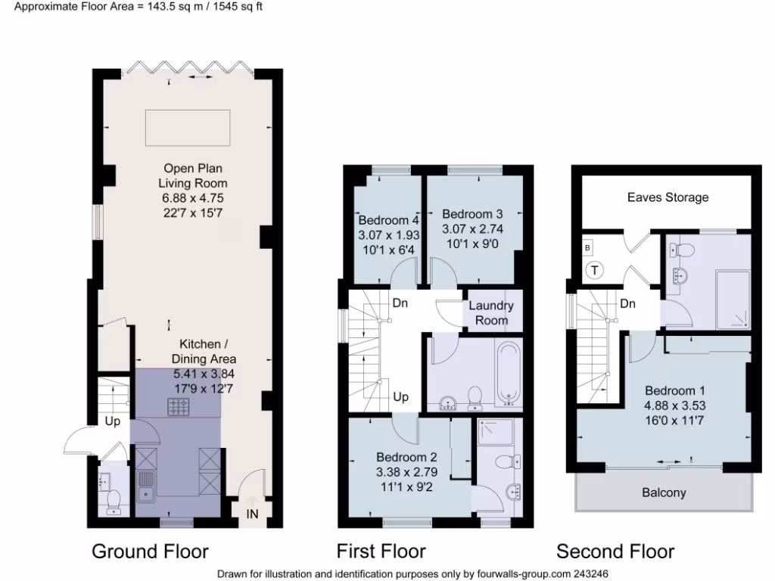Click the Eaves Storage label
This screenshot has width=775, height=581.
(x=668, y=197)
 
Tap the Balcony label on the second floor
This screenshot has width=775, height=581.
(x=664, y=492)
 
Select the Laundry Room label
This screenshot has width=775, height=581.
(x=491, y=313)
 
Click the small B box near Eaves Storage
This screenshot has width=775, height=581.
(x=587, y=247)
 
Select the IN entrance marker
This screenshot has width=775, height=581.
(x=252, y=514)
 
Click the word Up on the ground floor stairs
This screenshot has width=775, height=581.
(x=112, y=421)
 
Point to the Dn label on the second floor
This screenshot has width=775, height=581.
(x=627, y=303)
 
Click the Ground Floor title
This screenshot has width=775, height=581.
(x=150, y=551)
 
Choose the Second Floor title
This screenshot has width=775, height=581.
(x=615, y=551)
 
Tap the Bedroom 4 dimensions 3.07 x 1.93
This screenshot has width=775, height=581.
(x=388, y=235)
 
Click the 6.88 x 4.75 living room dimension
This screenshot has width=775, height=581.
(x=192, y=197)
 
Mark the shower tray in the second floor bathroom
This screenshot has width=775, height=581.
(x=732, y=300)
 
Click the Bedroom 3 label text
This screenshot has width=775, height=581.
(x=472, y=214)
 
